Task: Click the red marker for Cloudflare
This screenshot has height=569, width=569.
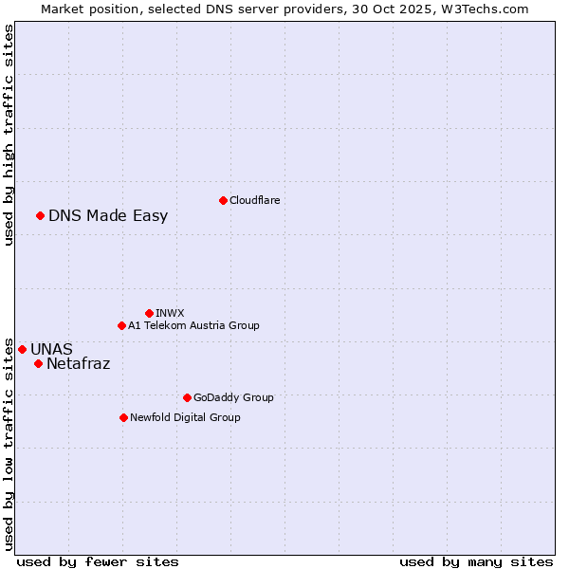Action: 223,200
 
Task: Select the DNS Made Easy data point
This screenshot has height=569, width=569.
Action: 40,215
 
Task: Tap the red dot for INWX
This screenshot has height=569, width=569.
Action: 149,313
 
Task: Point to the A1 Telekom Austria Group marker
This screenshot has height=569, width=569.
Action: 121,325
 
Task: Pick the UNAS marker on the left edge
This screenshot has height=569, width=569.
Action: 22,349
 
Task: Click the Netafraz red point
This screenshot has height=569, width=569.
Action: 38,363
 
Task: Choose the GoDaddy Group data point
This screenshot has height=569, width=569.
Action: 187,397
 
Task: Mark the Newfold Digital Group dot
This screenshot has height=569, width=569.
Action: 123,417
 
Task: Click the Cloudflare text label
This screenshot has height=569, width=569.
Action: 254,200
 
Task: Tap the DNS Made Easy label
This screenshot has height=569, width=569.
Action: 108,215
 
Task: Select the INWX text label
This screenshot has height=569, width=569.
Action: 170,313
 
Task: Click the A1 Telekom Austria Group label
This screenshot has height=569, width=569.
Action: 193,325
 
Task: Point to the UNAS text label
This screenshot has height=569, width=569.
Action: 51,349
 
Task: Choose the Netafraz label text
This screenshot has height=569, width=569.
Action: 78,363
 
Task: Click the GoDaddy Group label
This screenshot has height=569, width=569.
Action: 233,397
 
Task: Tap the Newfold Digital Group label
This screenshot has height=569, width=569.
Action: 185,417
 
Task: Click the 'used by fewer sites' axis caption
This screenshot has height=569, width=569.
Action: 98,561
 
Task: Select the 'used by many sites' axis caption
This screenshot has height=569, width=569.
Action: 476,561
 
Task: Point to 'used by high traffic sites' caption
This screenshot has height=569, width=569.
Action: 9,135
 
